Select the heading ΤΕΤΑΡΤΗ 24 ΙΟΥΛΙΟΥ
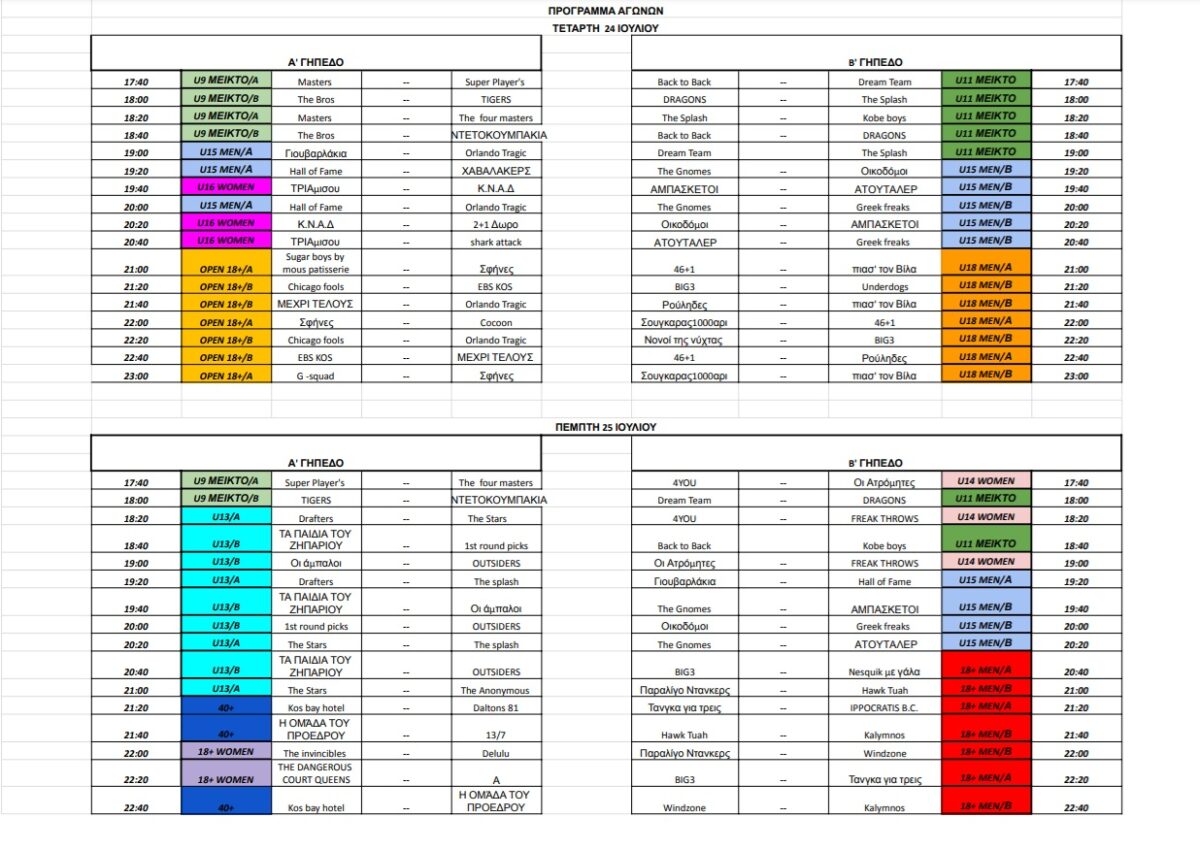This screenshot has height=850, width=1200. coord(605,28)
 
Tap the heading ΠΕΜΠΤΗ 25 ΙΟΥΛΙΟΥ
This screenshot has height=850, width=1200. coord(605,426)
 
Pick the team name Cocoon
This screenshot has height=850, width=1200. coord(496,323)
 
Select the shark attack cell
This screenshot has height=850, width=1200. coord(496,242)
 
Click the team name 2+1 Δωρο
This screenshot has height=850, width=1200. coord(496,224)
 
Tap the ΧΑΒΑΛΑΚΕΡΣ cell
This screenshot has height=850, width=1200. coord(496,171)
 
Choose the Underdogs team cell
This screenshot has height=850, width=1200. coord(884,286)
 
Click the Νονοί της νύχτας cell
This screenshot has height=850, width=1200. coord(685,340)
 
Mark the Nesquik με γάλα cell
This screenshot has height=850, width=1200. coord(884,672)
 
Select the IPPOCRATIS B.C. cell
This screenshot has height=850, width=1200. coord(884,708)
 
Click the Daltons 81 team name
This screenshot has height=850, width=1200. coord(496,708)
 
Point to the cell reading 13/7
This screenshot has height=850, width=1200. coord(496,735)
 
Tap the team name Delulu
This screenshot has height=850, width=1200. coord(496,753)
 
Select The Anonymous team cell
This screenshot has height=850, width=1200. coord(496,690)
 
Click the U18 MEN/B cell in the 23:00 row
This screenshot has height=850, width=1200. coord(985,375)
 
